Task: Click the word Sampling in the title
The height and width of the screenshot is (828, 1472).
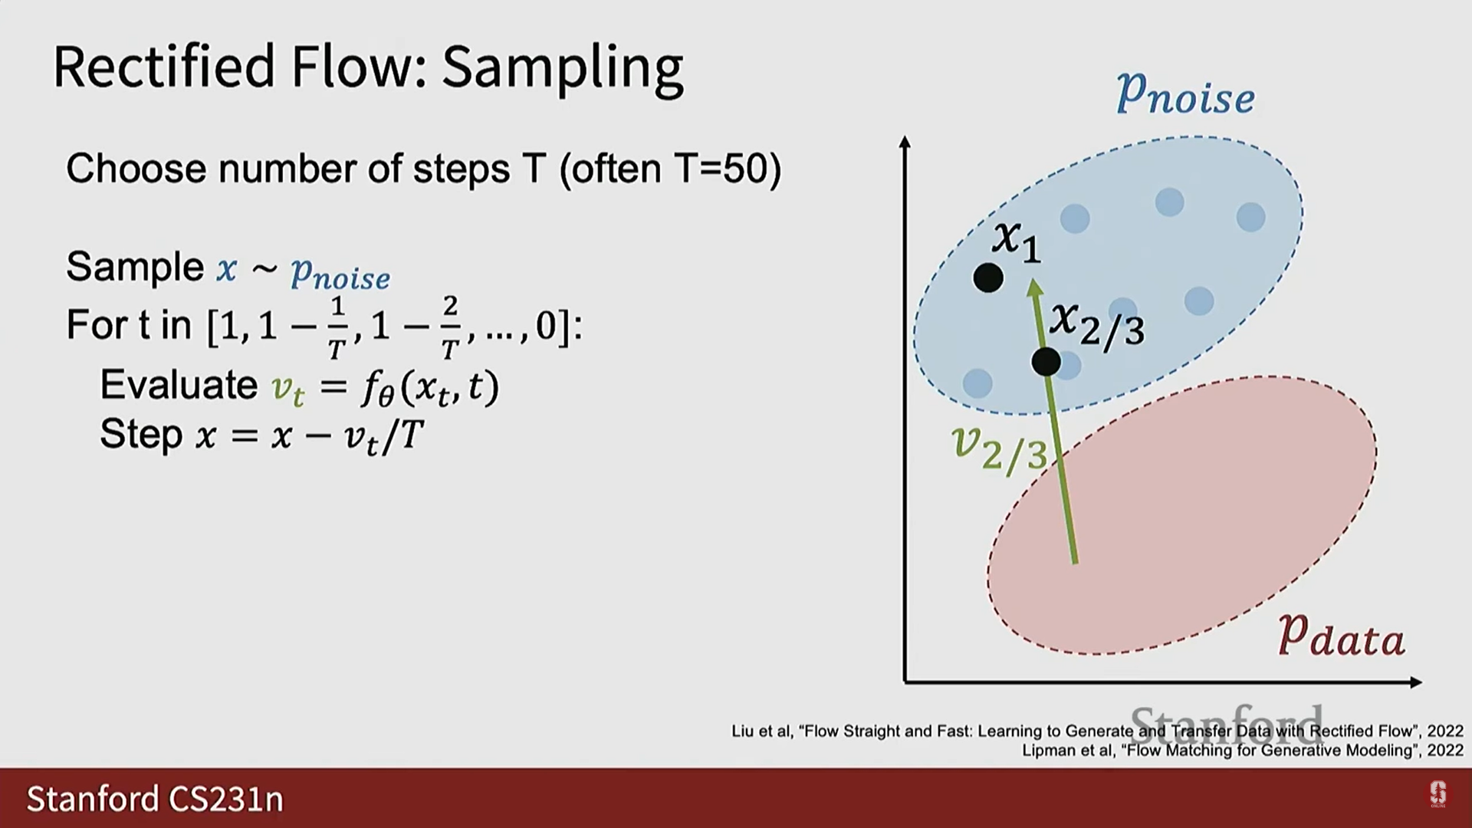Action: [x=562, y=69]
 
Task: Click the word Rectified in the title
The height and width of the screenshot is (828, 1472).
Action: [x=164, y=66]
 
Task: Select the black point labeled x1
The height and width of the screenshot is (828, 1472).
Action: [x=988, y=278]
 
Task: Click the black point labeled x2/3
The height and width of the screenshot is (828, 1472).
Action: [x=1046, y=361]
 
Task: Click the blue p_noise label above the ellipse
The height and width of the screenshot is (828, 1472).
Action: [x=1185, y=94]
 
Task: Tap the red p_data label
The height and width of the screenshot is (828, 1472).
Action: [x=1342, y=635]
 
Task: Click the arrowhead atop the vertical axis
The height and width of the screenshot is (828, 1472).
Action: [x=905, y=143]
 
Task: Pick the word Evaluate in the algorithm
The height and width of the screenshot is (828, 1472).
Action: [x=179, y=384]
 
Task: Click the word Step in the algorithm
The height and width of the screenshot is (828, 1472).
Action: [x=141, y=434]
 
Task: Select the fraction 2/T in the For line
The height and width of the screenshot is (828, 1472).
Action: [x=450, y=327]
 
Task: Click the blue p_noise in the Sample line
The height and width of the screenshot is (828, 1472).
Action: [x=340, y=273]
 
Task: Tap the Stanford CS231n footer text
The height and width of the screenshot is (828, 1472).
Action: [x=155, y=799]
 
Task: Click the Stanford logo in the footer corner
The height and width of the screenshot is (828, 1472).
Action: [x=1437, y=794]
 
